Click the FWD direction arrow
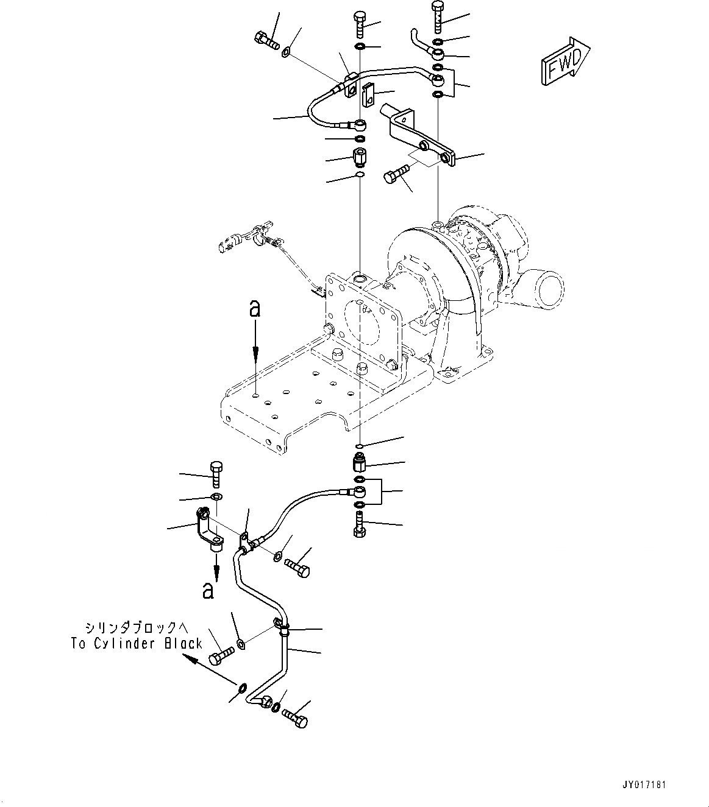pos(564,60)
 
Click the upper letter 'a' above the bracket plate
pos(255,309)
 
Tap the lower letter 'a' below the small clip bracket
pos(208,590)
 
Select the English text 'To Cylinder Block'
pos(136,644)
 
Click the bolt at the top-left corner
pos(265,42)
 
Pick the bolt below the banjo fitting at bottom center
pos(359,524)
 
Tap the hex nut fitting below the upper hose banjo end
pos(359,157)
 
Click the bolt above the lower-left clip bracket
pos(216,474)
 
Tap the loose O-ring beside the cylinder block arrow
pos(242,689)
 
